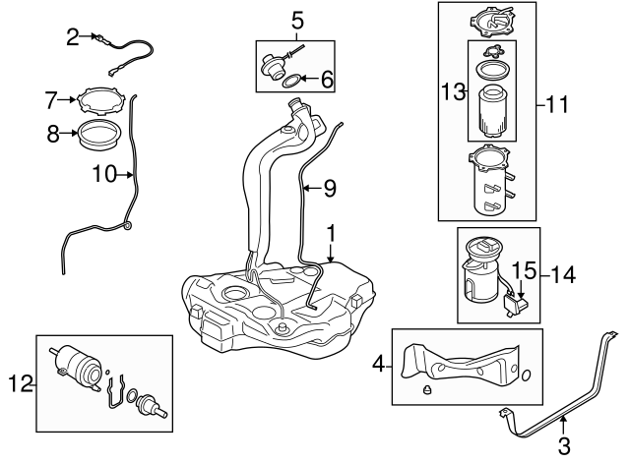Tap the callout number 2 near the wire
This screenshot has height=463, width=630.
coord(72,38)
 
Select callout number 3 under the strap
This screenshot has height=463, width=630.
coord(564,447)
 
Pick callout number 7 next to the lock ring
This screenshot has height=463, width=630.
coord(51,98)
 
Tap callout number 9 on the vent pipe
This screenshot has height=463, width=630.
coord(330,186)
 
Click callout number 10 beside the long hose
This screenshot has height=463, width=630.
coord(105,175)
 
